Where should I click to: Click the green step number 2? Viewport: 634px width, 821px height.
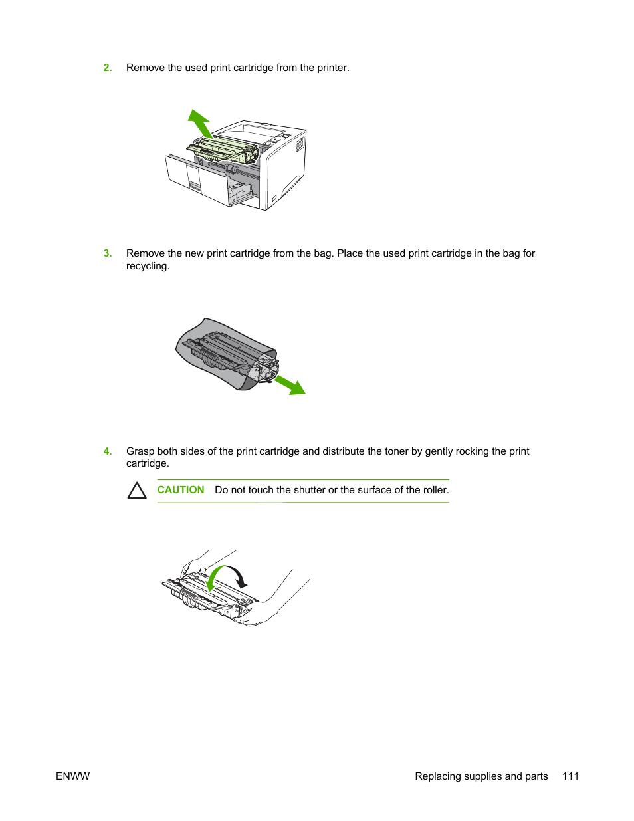tap(108, 68)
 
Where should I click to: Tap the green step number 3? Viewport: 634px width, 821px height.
tap(108, 253)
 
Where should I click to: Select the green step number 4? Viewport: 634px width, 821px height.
tap(108, 451)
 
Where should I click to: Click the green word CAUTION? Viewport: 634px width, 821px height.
tap(181, 490)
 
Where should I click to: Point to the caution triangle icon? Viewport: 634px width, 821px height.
tap(137, 491)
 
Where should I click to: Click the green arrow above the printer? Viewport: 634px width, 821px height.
tap(200, 124)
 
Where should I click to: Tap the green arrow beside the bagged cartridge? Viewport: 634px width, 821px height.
tap(290, 386)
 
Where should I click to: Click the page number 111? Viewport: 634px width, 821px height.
tap(570, 776)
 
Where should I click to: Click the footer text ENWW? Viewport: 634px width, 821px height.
tap(72, 776)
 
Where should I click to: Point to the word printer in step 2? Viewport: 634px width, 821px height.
tap(332, 68)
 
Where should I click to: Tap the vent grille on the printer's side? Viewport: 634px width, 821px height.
tap(300, 144)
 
